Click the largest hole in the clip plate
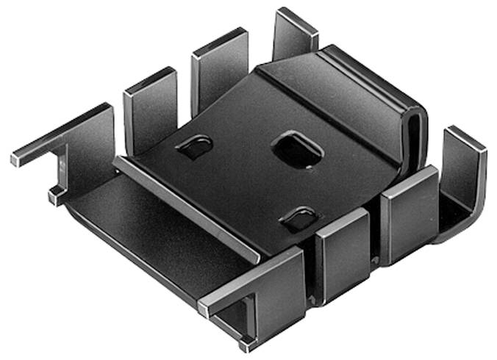pyautogui.click(x=297, y=149)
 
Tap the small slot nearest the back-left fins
pyautogui.click(x=195, y=147)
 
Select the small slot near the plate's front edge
pyautogui.click(x=300, y=218)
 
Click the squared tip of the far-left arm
pyautogui.click(x=17, y=159)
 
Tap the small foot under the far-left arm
pyautogui.click(x=56, y=196)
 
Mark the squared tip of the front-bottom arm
pyautogui.click(x=204, y=308)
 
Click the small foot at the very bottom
pyautogui.click(x=245, y=344)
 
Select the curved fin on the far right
pyautogui.click(x=463, y=176)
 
